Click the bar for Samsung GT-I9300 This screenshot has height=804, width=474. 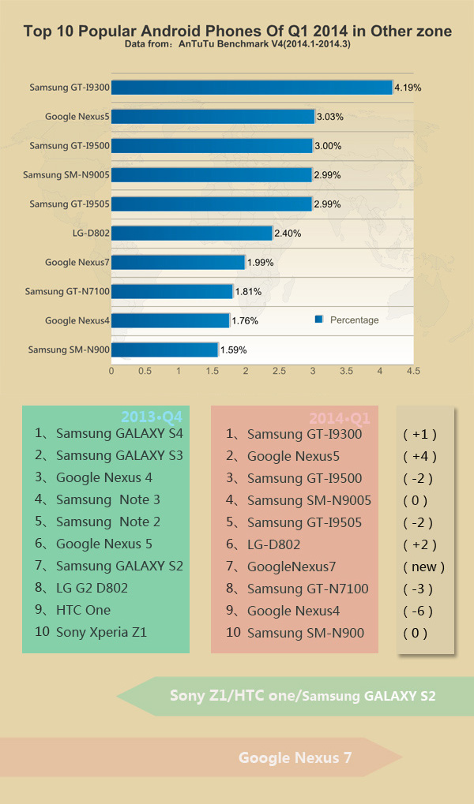point(251,88)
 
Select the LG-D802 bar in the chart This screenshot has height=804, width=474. point(192,233)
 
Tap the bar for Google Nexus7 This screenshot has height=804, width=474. point(178,262)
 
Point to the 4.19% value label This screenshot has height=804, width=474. point(407,88)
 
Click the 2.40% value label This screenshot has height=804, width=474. point(287,234)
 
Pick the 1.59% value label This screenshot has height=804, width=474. point(233,350)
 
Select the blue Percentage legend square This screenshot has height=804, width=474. point(319,320)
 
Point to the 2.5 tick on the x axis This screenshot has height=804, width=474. point(279,370)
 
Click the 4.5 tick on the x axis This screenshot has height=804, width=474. point(413,370)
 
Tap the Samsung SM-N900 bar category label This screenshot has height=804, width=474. point(68,350)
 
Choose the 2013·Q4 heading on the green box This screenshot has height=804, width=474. point(151,417)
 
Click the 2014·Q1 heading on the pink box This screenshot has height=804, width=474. point(340,417)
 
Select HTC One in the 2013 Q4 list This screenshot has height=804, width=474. point(83,610)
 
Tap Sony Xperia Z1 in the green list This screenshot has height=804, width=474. point(101,632)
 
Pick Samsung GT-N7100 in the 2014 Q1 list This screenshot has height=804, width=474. point(307,589)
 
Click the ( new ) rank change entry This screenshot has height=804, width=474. point(423,567)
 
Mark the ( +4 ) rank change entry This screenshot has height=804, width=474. point(419,456)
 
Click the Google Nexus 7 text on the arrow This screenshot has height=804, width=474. point(295,758)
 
